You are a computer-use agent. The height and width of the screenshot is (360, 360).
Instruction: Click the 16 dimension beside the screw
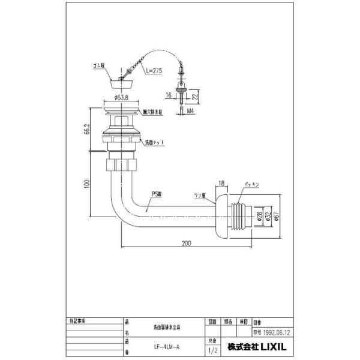point(170,95)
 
